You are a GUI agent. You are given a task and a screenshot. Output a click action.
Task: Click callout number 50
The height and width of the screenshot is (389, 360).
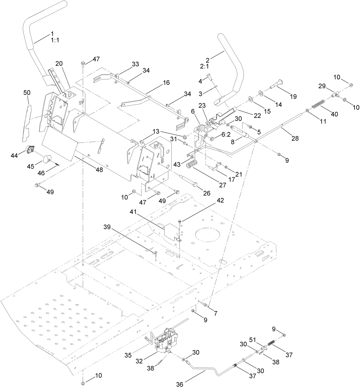click(x=27, y=93)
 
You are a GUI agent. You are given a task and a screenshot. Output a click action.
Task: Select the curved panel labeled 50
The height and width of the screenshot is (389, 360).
click(x=26, y=123)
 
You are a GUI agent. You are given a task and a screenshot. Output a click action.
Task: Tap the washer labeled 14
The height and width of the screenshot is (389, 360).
click(x=261, y=93)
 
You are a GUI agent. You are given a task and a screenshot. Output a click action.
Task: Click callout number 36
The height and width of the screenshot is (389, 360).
click(x=179, y=384)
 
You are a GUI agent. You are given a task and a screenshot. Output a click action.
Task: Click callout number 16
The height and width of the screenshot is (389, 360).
click(x=166, y=82)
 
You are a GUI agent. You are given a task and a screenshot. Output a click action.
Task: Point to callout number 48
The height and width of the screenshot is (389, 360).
click(x=99, y=170)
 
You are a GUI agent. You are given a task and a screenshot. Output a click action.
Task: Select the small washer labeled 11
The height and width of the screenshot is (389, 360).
click(x=307, y=110)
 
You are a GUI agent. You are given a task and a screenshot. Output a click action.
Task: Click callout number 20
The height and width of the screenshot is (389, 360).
click(x=59, y=64)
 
